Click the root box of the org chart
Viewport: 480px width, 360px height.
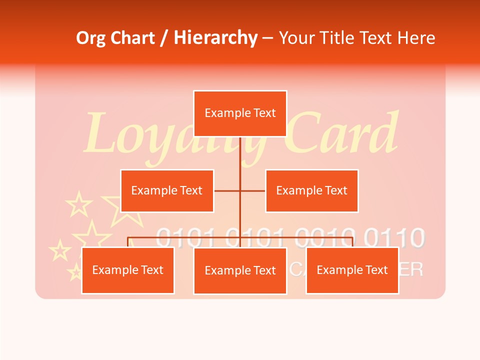click(240, 113)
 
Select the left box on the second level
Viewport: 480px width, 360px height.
click(167, 190)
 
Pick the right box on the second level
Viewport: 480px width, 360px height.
click(311, 190)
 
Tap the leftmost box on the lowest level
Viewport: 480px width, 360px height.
click(128, 270)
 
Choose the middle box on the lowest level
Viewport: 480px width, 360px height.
click(240, 271)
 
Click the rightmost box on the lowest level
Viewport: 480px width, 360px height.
click(352, 270)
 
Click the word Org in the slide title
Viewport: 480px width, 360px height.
click(90, 38)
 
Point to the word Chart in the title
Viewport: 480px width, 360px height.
click(131, 38)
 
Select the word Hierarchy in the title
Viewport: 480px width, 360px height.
click(215, 38)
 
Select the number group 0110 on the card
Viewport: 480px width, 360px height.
click(395, 237)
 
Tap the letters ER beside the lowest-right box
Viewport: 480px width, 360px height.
click(411, 270)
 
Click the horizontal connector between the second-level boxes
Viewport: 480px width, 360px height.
click(240, 190)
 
